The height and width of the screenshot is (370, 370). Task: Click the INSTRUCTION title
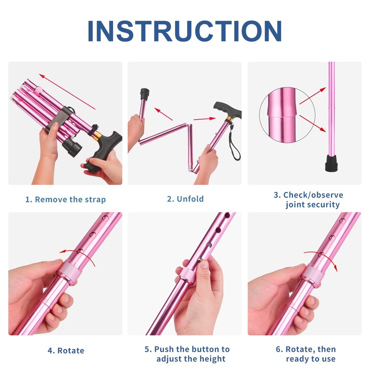[185, 31]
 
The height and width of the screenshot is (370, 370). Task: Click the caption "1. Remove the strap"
[65, 199]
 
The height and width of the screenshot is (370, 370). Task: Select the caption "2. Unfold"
[185, 199]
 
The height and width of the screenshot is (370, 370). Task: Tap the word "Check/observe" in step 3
[313, 195]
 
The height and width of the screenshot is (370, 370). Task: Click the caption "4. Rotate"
[65, 350]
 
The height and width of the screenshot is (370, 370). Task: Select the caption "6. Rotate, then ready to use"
[305, 354]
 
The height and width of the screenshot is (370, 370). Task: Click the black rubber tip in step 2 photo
[144, 93]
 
